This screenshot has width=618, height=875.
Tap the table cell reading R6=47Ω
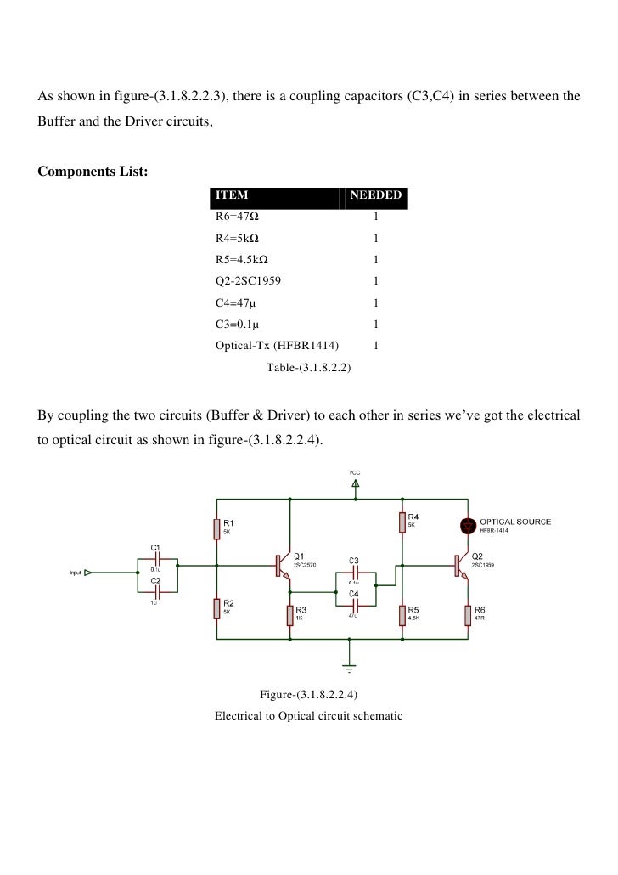click(237, 217)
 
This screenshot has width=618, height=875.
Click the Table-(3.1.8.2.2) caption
click(309, 368)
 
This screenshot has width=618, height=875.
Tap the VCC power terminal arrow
click(355, 483)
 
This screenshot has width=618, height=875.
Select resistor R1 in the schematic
click(216, 528)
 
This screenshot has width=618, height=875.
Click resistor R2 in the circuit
click(216, 608)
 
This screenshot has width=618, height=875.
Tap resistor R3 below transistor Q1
click(290, 614)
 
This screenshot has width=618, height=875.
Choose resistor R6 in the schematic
click(467, 614)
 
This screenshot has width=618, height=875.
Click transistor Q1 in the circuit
click(282, 565)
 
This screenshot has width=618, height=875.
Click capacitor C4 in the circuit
click(355, 604)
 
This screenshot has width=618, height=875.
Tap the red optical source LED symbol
click(467, 523)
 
